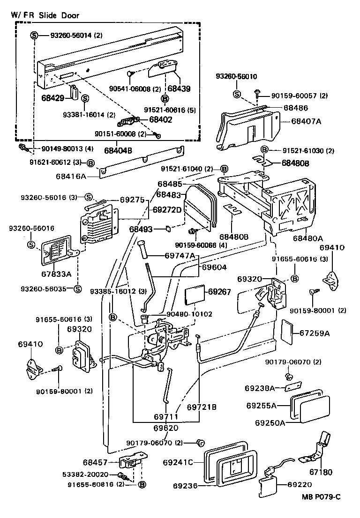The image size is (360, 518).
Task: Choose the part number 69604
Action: tap(214, 267)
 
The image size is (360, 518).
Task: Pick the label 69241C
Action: tap(178, 463)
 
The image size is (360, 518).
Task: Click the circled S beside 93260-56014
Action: tap(34, 36)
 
